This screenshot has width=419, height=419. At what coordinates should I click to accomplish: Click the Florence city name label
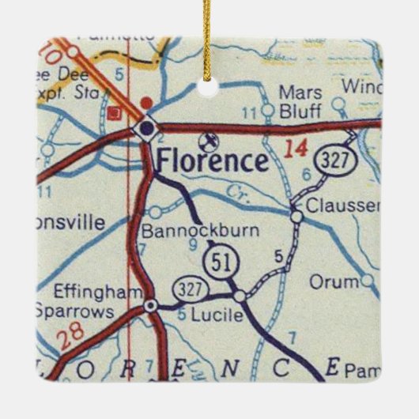click(x=212, y=161)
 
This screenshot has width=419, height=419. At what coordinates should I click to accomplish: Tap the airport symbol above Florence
click(x=209, y=142)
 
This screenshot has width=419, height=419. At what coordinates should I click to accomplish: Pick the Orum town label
click(x=327, y=281)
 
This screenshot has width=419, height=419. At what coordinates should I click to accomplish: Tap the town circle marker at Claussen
click(x=295, y=215)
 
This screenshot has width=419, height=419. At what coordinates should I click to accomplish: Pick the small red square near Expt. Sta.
click(x=115, y=112)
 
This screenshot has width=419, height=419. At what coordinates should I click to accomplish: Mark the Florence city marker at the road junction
click(x=146, y=128)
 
